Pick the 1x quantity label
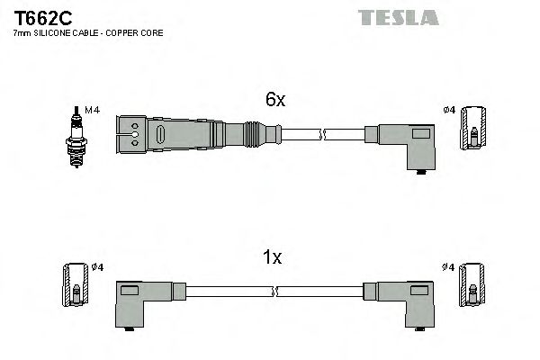pyautogui.click(x=272, y=258)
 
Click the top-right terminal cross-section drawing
pyautogui.click(x=472, y=129)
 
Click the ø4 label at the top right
pyautogui.click(x=449, y=110)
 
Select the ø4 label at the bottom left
pyautogui.click(x=98, y=266)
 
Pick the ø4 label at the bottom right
pyautogui.click(x=448, y=266)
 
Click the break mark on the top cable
pyautogui.click(x=322, y=136)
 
